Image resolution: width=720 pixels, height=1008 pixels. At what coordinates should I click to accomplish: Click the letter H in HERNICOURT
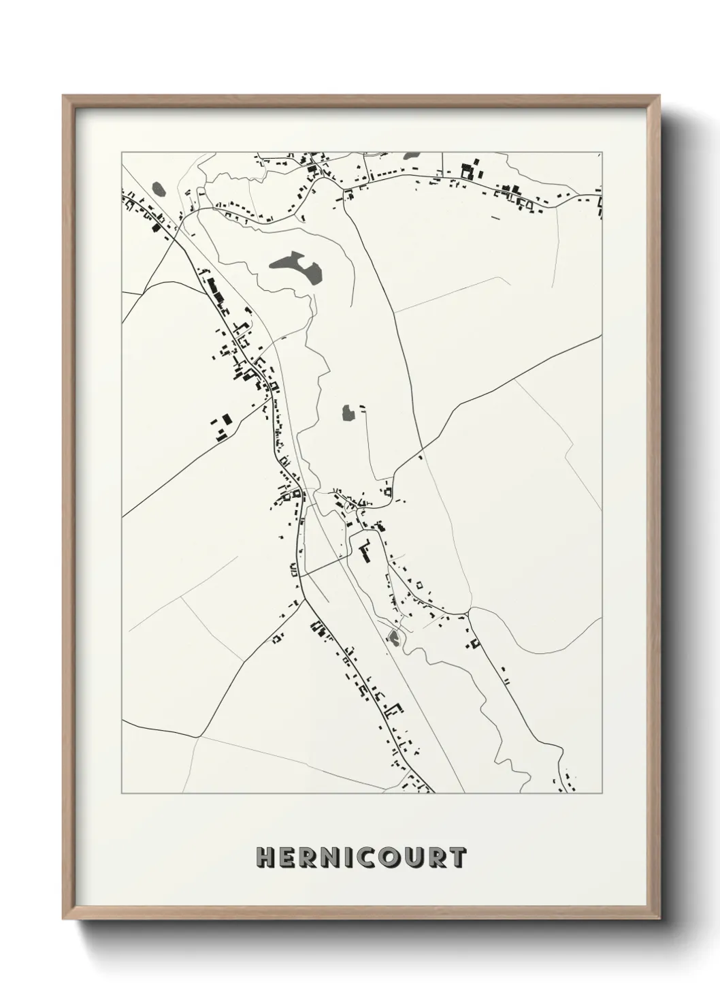coord(265,857)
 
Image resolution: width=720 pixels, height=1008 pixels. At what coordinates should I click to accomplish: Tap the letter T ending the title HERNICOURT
coord(456,857)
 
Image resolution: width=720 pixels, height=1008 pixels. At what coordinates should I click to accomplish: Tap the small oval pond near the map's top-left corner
coord(159,189)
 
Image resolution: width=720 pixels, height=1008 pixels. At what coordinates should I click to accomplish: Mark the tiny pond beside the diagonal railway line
coord(393,637)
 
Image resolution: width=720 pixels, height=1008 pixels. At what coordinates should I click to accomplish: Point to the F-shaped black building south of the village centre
coord(364,550)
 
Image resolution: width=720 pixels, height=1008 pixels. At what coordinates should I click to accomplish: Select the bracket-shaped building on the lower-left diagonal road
coord(391,710)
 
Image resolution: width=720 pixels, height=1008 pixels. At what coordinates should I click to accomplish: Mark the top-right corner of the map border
coord(602,151)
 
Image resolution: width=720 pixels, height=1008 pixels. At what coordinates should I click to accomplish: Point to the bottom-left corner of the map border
coord(122,793)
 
